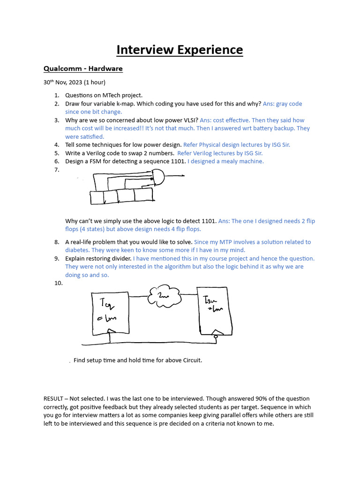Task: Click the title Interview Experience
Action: click(x=180, y=50)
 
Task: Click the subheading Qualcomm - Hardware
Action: click(x=83, y=69)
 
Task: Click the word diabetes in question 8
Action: click(x=77, y=250)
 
